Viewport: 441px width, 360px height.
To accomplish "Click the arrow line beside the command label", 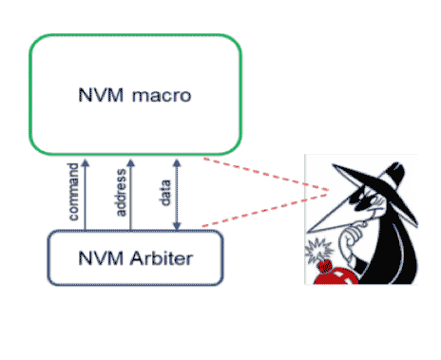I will (85, 194).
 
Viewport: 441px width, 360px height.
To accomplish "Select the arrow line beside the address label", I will (131, 194).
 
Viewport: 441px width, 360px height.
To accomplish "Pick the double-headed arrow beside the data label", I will (177, 194).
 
